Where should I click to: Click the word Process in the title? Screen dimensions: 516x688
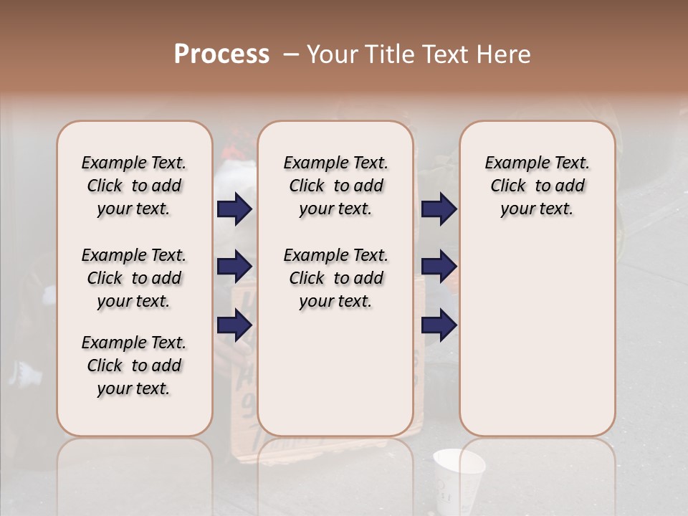(221, 54)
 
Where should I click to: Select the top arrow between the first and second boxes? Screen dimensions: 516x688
(234, 209)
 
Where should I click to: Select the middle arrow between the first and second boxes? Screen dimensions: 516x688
(234, 267)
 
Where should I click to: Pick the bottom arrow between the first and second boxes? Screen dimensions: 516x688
(234, 325)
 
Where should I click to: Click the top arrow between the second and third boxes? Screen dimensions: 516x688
(439, 209)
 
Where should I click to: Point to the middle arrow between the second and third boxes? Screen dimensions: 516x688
(439, 267)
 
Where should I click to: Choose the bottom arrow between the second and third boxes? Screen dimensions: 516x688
(439, 325)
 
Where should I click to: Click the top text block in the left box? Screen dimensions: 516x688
(134, 186)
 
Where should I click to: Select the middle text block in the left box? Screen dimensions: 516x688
(134, 278)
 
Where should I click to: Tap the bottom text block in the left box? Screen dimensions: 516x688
(134, 365)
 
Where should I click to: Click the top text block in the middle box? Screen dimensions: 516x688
(335, 186)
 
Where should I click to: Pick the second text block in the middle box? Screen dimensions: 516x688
(335, 278)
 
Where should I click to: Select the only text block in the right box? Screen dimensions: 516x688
(537, 186)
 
